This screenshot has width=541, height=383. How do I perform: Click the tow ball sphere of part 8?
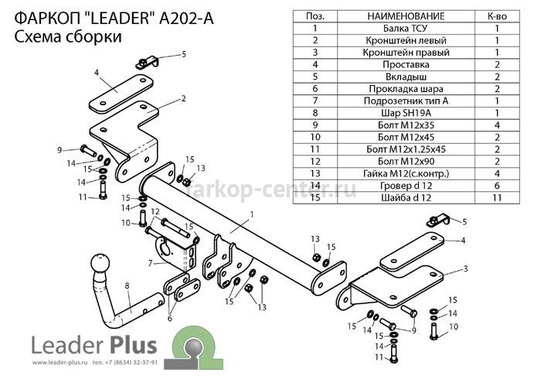[100, 263]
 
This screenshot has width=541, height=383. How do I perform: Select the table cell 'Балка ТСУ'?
[406, 29]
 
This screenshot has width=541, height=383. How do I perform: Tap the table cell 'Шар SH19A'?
[406, 113]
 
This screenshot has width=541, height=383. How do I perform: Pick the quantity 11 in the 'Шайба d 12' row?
[497, 197]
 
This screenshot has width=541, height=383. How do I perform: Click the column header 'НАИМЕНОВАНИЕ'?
[406, 16]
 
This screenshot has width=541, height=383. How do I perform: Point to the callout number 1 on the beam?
[252, 215]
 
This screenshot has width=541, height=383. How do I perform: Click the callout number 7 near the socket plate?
[150, 264]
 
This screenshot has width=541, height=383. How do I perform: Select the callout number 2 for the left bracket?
[183, 98]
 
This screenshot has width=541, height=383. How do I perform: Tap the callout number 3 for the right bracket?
[465, 268]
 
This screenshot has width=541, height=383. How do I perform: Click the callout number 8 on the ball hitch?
[127, 286]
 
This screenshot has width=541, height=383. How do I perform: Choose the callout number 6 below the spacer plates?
[169, 319]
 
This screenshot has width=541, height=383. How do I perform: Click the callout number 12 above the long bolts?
[155, 211]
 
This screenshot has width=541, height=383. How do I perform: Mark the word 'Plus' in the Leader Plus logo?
[134, 344]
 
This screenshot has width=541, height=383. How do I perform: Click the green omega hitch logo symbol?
[193, 348]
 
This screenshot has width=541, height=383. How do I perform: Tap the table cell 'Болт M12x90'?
[406, 161]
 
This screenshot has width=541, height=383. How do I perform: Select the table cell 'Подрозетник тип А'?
[406, 101]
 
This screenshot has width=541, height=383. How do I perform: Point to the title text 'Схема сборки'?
[68, 36]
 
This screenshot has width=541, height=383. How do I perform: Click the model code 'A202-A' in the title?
[186, 19]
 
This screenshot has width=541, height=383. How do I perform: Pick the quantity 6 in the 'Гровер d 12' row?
[497, 186]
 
